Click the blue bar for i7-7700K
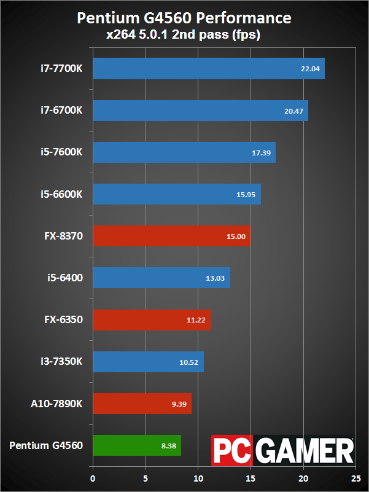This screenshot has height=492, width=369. pyautogui.click(x=208, y=69)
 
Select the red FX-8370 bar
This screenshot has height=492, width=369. pyautogui.click(x=171, y=236)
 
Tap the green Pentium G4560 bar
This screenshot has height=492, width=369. pyautogui.click(x=136, y=445)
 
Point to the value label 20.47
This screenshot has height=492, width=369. pyautogui.click(x=293, y=111)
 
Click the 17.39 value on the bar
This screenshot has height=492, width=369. pyautogui.click(x=261, y=153)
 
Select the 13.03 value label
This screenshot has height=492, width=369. pyautogui.click(x=216, y=278)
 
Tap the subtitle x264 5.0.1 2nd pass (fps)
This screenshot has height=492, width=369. pyautogui.click(x=184, y=35)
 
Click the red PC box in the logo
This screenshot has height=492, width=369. pyautogui.click(x=231, y=450)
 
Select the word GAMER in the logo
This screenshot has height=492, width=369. pyautogui.click(x=303, y=450)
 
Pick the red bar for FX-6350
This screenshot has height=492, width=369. pyautogui.click(x=152, y=320)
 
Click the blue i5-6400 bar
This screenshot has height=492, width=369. pyautogui.click(x=161, y=278)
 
